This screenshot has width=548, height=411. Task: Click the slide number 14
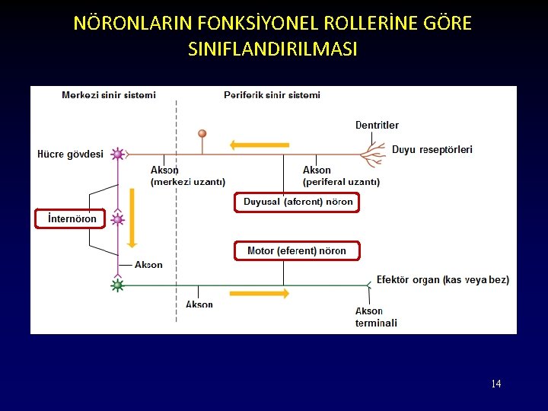pyautogui.click(x=495, y=384)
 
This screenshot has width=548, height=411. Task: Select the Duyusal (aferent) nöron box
pyautogui.click(x=298, y=202)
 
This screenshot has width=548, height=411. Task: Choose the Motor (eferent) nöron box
pyautogui.click(x=297, y=250)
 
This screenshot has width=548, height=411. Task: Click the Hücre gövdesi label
pyautogui.click(x=70, y=155)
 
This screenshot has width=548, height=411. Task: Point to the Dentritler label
pyautogui.click(x=377, y=125)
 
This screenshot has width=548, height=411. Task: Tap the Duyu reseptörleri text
pyautogui.click(x=432, y=150)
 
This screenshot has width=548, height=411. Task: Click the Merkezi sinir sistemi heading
pyautogui.click(x=109, y=95)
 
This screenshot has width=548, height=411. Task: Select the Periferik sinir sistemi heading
pyautogui.click(x=272, y=95)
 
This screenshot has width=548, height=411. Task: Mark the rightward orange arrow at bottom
pyautogui.click(x=258, y=292)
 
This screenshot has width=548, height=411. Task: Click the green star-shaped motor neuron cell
pyautogui.click(x=117, y=285)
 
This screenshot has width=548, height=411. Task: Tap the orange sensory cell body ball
pyautogui.click(x=202, y=134)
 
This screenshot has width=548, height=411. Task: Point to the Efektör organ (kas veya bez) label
pyautogui.click(x=442, y=280)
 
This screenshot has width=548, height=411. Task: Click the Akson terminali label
pyautogui.click(x=376, y=317)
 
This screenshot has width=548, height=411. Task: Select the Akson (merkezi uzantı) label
pyautogui.click(x=187, y=176)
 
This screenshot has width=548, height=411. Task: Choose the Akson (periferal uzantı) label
pyautogui.click(x=341, y=176)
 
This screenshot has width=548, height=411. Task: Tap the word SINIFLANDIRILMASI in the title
pyautogui.click(x=272, y=49)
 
